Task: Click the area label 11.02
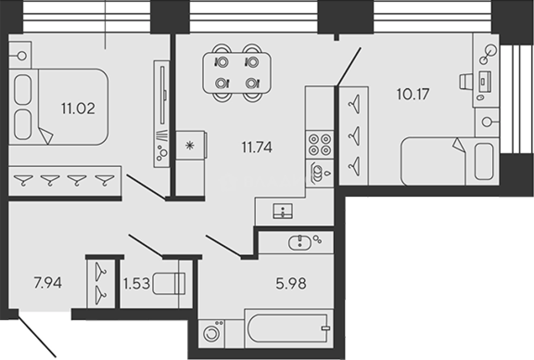(x=78, y=109)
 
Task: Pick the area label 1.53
(x=136, y=283)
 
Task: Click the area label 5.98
(x=290, y=283)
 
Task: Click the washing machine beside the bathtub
(x=212, y=332)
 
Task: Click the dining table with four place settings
(x=237, y=72)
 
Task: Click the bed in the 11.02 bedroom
(x=60, y=107)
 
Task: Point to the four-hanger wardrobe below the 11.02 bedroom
(x=64, y=181)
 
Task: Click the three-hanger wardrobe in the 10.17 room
(x=353, y=136)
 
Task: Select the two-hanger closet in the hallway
(x=101, y=283)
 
